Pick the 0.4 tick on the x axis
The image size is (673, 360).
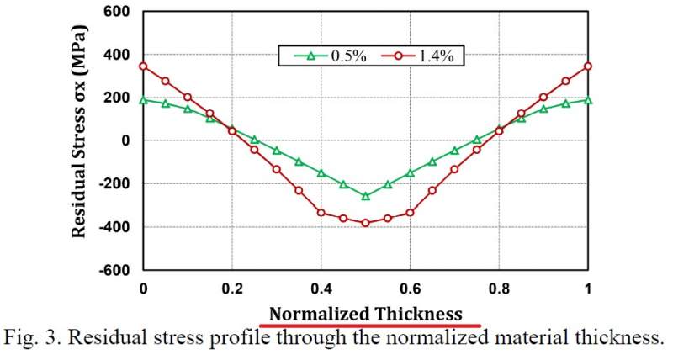pos(321,288)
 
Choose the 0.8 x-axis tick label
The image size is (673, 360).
pos(499,288)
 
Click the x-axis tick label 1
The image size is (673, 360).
pos(588,288)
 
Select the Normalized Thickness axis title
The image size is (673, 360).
pos(366,313)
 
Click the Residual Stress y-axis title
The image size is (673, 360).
pos(78,140)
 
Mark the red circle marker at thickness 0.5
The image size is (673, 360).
pos(365,223)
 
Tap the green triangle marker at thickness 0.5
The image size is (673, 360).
pos(365,196)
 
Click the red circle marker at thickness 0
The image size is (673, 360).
pos(143,66)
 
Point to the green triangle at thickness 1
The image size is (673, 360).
pos(588,100)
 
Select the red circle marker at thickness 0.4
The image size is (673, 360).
pos(321,213)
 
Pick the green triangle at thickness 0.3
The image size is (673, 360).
pos(276,151)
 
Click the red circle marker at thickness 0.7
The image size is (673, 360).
pos(454,169)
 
